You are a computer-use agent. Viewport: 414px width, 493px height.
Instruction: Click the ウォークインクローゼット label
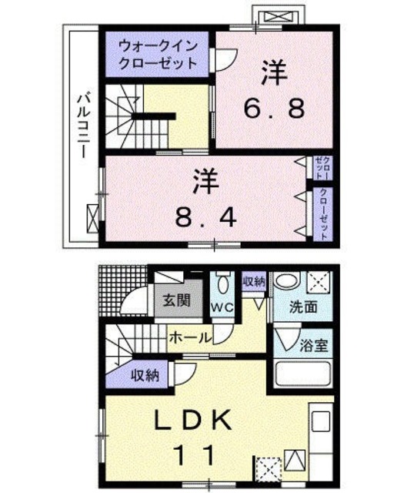click(156, 55)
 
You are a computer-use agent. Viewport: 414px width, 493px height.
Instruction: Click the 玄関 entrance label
click(173, 300)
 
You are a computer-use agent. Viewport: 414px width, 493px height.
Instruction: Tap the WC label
click(222, 307)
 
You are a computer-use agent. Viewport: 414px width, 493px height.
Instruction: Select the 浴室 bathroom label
click(315, 344)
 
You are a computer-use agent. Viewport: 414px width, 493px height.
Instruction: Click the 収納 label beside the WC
click(253, 281)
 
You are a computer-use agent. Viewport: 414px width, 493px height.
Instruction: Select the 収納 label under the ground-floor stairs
click(145, 376)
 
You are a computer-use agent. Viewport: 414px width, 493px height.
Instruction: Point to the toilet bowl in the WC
click(222, 284)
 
